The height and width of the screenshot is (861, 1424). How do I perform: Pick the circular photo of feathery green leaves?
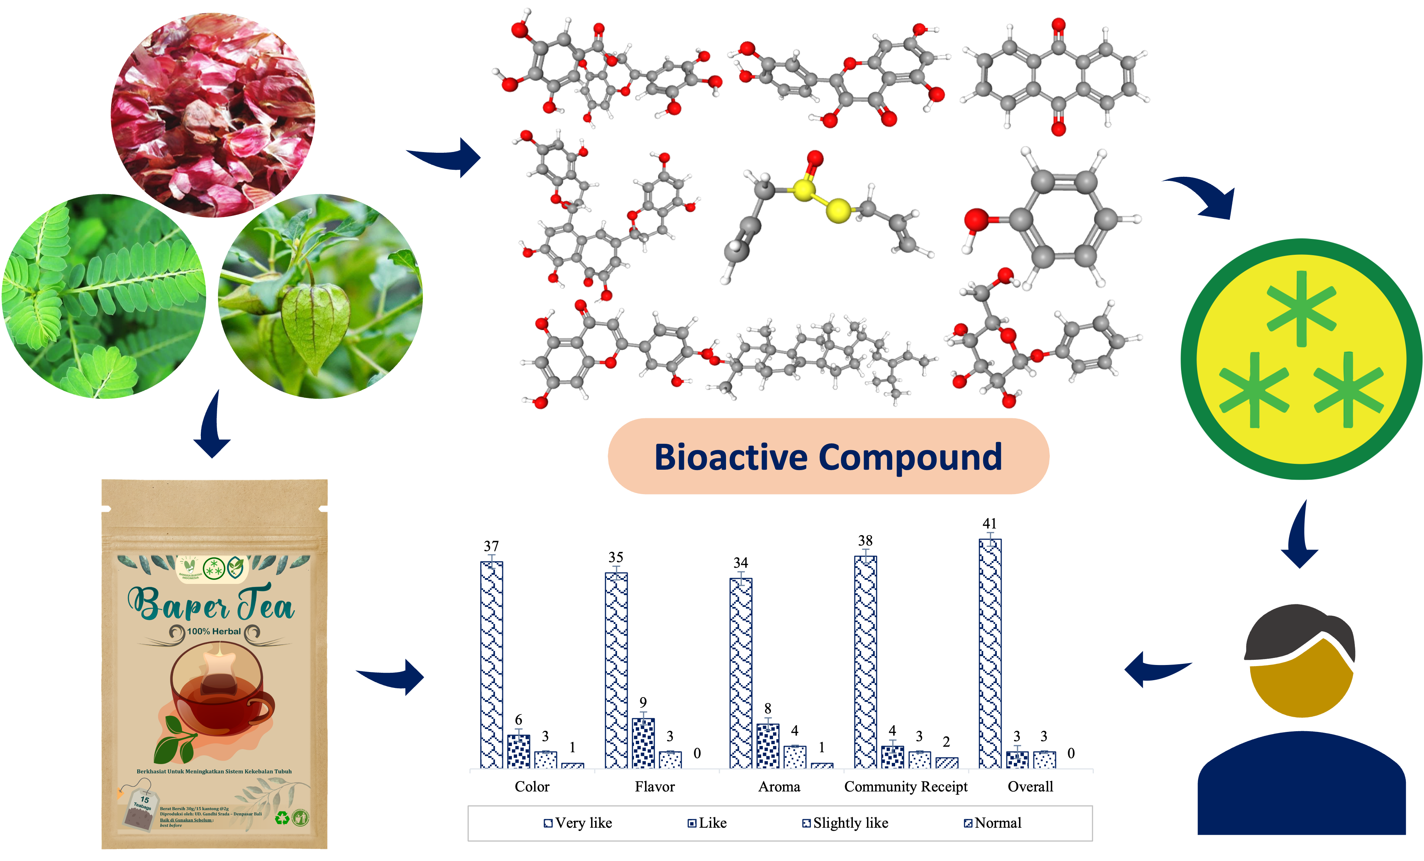(104, 296)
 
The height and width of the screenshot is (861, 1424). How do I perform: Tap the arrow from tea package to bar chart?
(393, 676)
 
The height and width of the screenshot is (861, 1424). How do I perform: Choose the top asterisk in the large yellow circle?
(1302, 308)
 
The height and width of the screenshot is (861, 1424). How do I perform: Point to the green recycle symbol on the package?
(282, 818)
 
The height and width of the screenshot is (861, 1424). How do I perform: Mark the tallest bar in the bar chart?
(990, 653)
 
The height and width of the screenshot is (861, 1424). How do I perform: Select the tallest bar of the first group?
(491, 665)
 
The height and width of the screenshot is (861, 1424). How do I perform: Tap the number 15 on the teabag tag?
(145, 800)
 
